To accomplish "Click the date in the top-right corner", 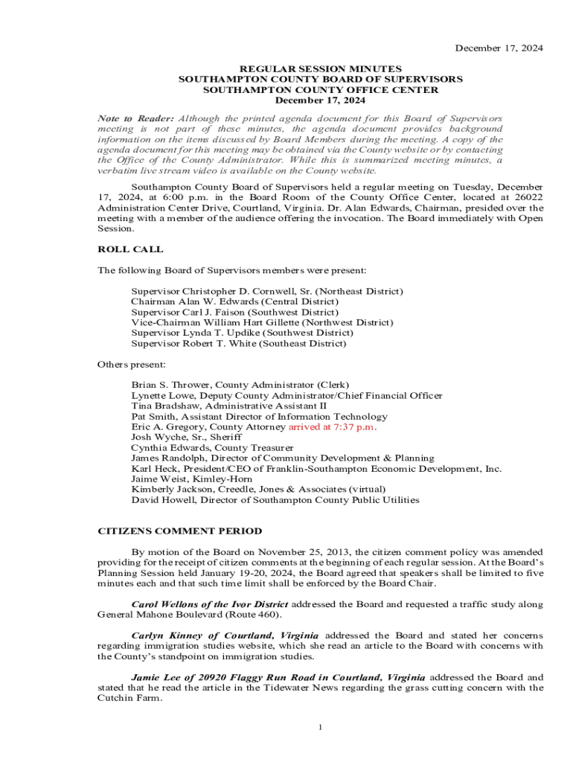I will pyautogui.click(x=499, y=48).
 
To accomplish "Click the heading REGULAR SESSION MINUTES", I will pyautogui.click(x=320, y=68).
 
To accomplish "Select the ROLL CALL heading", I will pyautogui.click(x=131, y=249).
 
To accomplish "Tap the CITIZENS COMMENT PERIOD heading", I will pyautogui.click(x=180, y=531).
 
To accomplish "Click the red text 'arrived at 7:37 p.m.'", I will pyautogui.click(x=333, y=427).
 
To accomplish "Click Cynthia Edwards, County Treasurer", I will pyautogui.click(x=212, y=448).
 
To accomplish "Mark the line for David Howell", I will pyautogui.click(x=275, y=500).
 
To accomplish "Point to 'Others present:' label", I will pyautogui.click(x=132, y=365).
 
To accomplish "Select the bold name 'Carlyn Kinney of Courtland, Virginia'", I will pyautogui.click(x=225, y=635).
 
